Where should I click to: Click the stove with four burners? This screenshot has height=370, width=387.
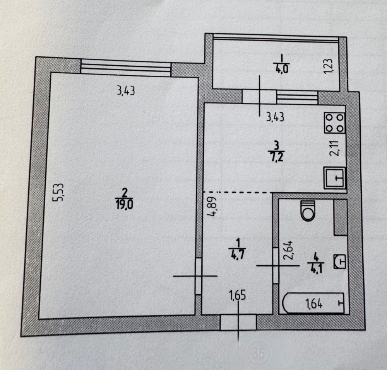click(x=335, y=123)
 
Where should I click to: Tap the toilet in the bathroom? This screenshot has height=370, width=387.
click(x=308, y=210)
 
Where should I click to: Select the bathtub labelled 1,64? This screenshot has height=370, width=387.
click(x=313, y=303)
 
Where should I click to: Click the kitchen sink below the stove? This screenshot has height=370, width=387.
click(x=335, y=178)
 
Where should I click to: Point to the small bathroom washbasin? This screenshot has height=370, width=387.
click(x=340, y=261)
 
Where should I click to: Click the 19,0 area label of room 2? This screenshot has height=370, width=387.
click(x=124, y=204)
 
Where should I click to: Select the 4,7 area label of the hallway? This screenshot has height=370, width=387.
click(x=238, y=254)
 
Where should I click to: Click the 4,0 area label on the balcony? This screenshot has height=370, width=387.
click(x=281, y=69)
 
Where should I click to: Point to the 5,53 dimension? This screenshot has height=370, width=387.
click(x=59, y=192)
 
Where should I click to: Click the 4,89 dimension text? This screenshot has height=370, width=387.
click(x=212, y=206)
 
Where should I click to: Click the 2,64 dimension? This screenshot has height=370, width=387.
click(x=288, y=250)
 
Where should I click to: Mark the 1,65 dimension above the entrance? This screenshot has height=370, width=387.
click(x=238, y=295)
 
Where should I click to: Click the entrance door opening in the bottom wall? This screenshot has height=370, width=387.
click(x=238, y=322)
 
